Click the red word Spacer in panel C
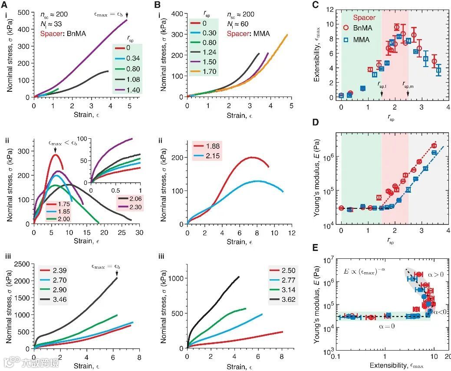pos(364,18)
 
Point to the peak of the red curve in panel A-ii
pos(55,154)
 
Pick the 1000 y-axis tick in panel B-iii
pos(174,278)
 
